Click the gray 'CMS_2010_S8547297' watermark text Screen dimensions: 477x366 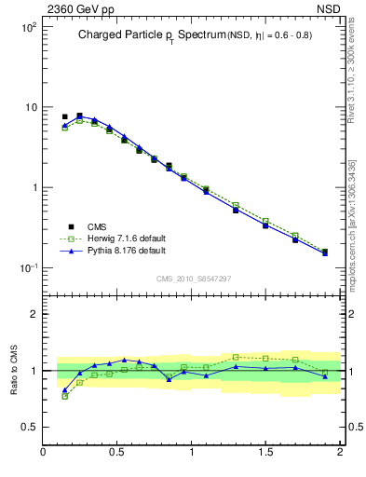pos(194,279)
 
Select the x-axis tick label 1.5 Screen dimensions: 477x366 pos(265,453)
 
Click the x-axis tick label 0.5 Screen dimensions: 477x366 pos(117,453)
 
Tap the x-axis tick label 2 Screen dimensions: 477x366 pos(339,453)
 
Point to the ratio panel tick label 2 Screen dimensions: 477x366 pos(34,314)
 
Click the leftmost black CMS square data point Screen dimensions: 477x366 pos(64,116)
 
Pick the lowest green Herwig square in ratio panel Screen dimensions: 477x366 pos(64,396)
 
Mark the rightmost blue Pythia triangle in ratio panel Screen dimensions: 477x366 pos(325,376)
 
